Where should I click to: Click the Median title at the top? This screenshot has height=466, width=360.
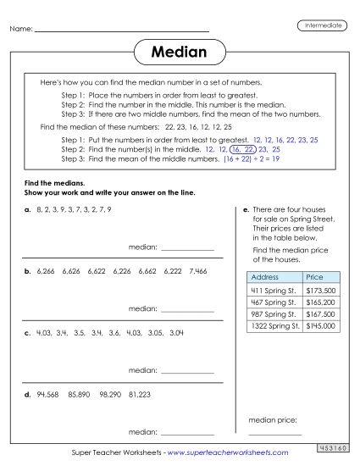(x=179, y=53)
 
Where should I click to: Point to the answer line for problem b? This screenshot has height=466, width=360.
(x=187, y=311)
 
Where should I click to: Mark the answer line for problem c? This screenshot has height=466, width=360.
(x=187, y=372)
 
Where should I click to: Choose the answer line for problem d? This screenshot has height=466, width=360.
(x=187, y=432)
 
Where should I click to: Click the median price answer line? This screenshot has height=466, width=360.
(x=274, y=433)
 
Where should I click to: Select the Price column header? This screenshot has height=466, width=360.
(x=314, y=276)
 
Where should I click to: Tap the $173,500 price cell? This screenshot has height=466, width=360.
(x=319, y=290)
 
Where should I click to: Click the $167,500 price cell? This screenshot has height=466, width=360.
(x=319, y=313)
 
